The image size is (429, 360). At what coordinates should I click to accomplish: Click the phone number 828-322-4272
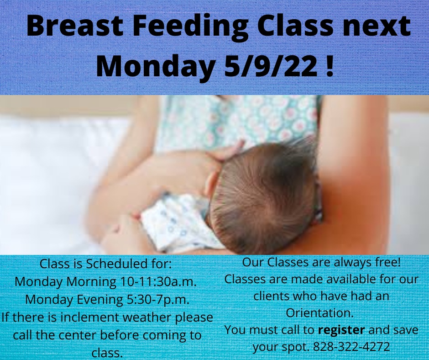pos(351,347)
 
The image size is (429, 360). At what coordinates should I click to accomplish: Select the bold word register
pos(341,330)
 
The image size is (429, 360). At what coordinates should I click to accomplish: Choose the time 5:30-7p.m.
pos(158,299)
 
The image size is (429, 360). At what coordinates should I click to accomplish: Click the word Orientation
pos(320,313)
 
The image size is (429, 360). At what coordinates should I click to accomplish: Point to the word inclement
pos(89,317)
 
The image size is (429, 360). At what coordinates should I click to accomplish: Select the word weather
pos(147,317)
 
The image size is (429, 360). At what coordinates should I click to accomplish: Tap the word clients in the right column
pos(272,296)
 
